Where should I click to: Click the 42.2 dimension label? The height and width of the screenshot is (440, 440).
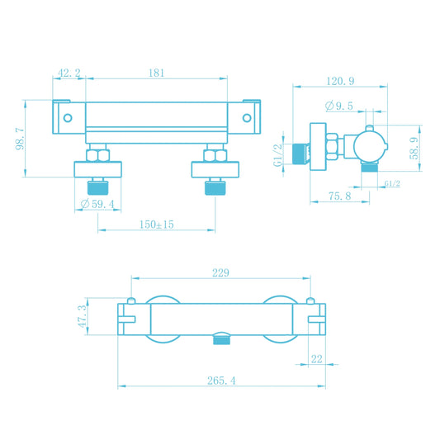(x=69, y=73)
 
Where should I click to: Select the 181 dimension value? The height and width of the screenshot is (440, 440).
(x=156, y=73)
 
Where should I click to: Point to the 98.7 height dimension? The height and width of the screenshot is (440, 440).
(x=20, y=139)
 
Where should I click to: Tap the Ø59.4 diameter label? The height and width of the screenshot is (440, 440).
(x=97, y=204)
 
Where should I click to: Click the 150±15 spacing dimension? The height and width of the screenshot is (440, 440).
(x=157, y=225)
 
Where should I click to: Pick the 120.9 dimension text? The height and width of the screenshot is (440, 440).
(x=340, y=81)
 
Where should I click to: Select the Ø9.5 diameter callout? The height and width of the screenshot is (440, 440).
(x=339, y=106)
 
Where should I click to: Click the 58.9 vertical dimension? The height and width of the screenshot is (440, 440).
(x=414, y=148)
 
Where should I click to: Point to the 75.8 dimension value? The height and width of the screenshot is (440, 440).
(x=339, y=196)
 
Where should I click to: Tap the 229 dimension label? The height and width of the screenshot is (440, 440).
(x=220, y=272)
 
